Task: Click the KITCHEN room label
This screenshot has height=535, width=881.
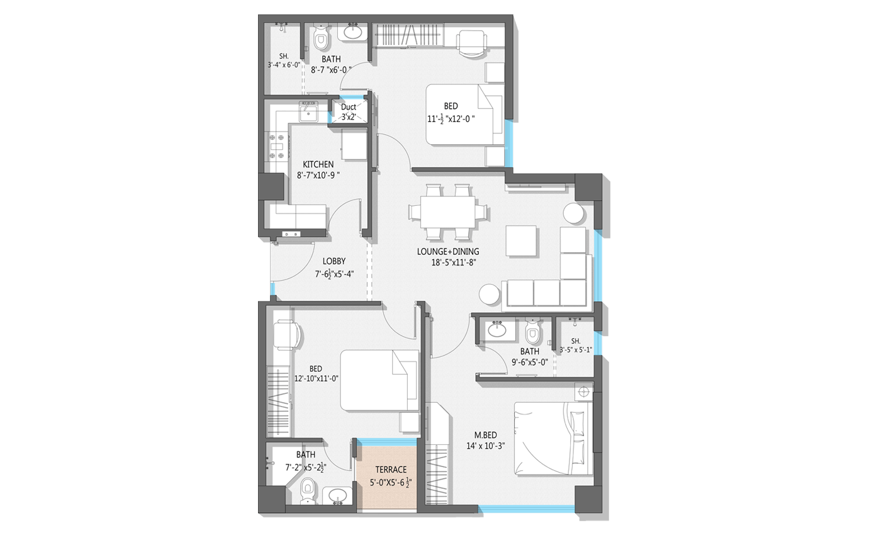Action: [318, 164]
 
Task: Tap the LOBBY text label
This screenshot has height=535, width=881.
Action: [334, 261]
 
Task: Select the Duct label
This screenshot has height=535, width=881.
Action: [349, 107]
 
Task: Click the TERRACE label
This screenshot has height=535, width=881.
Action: [391, 470]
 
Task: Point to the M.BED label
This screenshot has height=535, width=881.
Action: [485, 435]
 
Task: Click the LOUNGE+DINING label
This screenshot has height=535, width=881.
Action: [448, 251]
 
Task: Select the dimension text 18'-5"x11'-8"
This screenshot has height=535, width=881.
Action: [454, 262]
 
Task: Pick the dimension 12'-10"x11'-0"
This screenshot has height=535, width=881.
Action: [316, 378]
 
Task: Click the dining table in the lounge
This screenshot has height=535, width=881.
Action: [447, 212]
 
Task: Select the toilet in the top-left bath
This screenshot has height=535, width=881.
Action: [322, 38]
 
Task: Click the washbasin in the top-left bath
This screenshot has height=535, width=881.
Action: [352, 31]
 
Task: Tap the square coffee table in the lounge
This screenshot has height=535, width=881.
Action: [521, 240]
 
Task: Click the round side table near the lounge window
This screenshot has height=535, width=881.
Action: [573, 213]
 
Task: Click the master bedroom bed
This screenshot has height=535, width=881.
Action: [553, 439]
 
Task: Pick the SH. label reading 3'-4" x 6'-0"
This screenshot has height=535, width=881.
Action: [284, 60]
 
